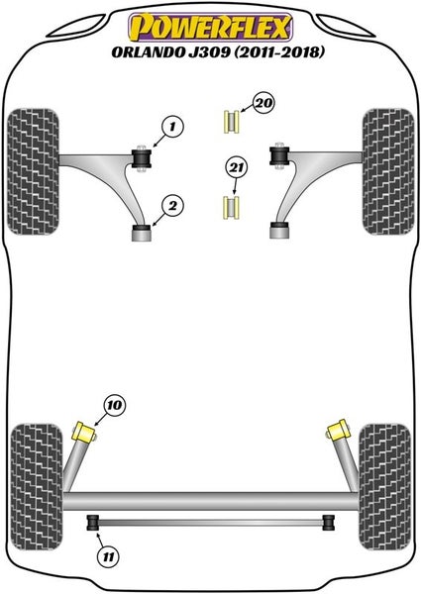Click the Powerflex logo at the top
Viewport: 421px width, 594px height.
(x=211, y=27)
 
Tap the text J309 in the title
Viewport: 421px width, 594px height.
(x=209, y=51)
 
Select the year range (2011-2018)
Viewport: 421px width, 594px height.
(x=279, y=51)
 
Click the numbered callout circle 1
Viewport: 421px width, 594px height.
(x=172, y=127)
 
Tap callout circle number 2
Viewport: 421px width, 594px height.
(x=172, y=206)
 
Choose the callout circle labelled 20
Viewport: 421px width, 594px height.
(x=263, y=103)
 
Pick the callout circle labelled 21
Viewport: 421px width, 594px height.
(x=236, y=167)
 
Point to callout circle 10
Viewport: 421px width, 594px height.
(x=115, y=405)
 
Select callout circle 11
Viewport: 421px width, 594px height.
(x=108, y=556)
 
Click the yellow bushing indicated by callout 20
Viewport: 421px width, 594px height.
(x=231, y=122)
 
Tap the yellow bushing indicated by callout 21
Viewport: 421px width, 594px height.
(x=231, y=208)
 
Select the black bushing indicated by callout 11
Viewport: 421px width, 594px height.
(x=93, y=523)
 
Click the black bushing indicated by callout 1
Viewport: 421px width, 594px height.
(x=141, y=159)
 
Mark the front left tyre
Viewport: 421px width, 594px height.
(x=34, y=171)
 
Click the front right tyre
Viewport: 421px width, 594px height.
(x=388, y=171)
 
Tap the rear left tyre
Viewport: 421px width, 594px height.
(x=37, y=487)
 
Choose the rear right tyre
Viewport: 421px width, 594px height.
(x=384, y=487)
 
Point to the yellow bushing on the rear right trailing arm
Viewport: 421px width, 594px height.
(x=337, y=431)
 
